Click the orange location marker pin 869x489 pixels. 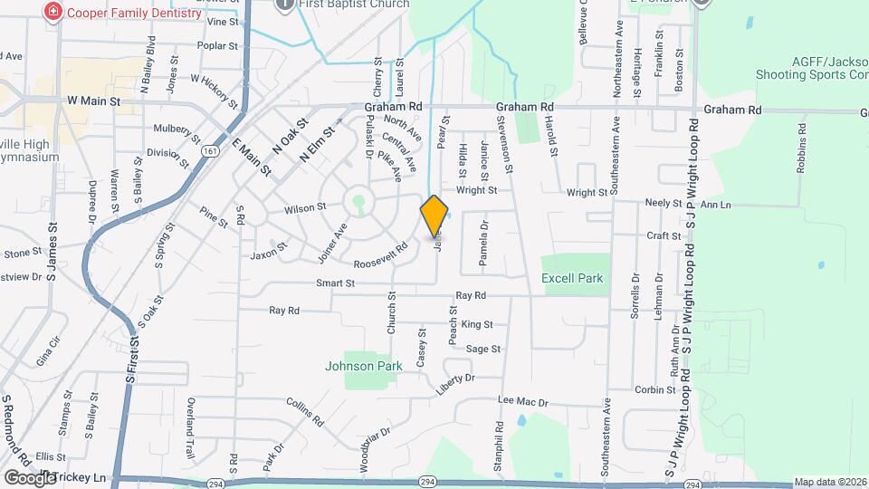pos(434,216)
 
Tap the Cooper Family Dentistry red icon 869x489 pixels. pos(54,13)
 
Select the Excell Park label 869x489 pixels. pos(572,279)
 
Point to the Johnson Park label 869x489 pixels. pos(364,367)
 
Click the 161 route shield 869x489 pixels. pos(210,151)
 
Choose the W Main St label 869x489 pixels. pos(93,101)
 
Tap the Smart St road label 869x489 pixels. pos(335,283)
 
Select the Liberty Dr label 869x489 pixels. pos(455,383)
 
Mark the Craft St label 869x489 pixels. pos(664,235)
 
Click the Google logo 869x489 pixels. pos(30,477)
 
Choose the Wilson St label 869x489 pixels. pos(305,208)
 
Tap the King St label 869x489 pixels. pos(477,324)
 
